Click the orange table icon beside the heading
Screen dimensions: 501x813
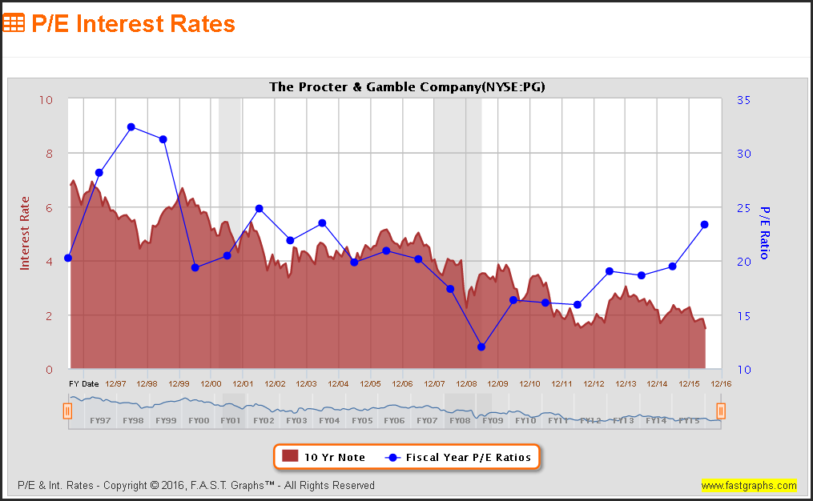(x=14, y=23)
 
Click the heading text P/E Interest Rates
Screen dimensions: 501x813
(x=133, y=24)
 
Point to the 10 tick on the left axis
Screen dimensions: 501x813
(x=46, y=100)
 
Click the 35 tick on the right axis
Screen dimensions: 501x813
(x=743, y=100)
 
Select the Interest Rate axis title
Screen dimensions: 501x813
(x=25, y=233)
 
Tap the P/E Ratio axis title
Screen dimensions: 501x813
(x=764, y=233)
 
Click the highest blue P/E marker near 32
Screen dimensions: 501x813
(x=131, y=127)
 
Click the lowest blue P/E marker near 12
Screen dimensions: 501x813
(x=481, y=347)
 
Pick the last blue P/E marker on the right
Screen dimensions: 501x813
(x=705, y=225)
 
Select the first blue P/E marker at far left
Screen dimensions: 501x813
(x=68, y=258)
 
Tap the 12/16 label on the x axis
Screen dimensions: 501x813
(x=721, y=384)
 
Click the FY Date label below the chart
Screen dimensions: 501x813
(x=84, y=384)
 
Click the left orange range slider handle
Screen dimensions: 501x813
(x=68, y=411)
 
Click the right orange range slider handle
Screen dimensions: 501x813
(x=721, y=411)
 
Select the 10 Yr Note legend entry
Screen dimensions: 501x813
(x=324, y=457)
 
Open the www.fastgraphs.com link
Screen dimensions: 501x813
(x=749, y=485)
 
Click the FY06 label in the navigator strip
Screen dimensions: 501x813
(x=395, y=420)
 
